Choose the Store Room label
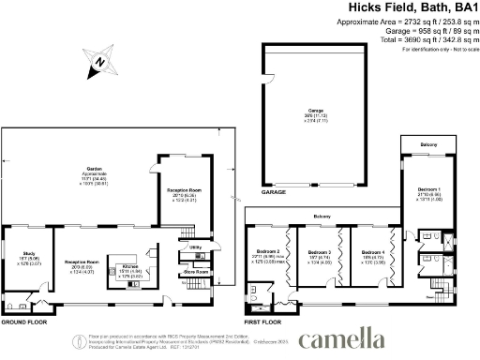(x=195, y=272)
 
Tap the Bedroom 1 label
(x=430, y=190)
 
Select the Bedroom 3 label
(x=321, y=251)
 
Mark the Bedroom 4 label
(x=373, y=251)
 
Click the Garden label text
(x=82, y=170)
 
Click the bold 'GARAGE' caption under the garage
(x=274, y=191)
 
